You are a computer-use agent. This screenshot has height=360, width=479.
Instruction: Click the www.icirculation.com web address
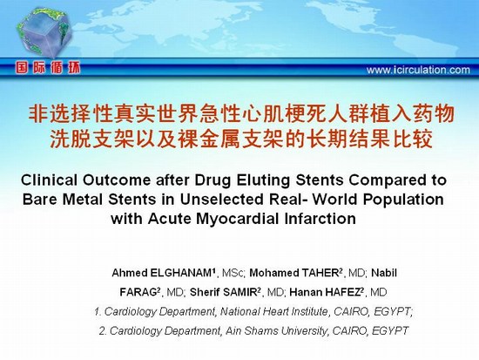point(418,70)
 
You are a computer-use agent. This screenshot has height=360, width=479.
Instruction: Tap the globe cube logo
point(44,32)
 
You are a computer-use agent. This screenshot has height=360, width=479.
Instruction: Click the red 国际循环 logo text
point(48,68)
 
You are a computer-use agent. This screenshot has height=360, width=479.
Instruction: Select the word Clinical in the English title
point(49,180)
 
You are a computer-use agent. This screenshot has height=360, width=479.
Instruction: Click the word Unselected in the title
point(221,200)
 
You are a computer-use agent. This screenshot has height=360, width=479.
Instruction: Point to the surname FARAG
point(138,292)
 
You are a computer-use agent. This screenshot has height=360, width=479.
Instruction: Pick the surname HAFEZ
point(342,292)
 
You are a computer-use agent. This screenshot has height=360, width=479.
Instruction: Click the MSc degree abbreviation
point(233,273)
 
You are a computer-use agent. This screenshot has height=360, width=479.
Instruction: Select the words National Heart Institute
point(274,312)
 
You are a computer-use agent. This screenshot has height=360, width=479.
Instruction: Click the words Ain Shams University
point(276,331)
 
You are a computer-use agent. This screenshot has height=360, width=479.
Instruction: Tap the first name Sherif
point(205,292)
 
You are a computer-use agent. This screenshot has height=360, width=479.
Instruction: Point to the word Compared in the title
point(387,180)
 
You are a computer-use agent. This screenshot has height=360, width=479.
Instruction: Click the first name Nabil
point(384,273)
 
